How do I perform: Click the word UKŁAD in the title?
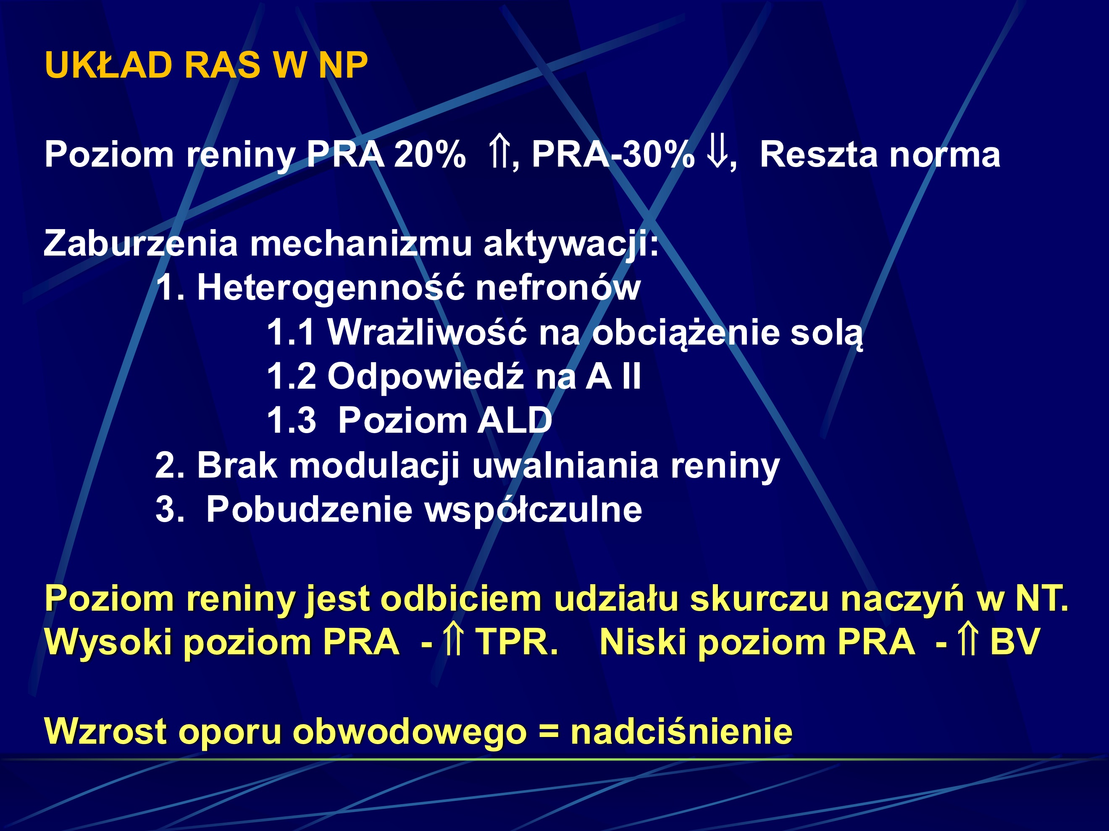[108, 65]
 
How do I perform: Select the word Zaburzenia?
[140, 243]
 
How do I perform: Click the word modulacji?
[374, 466]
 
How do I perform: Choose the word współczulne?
[533, 510]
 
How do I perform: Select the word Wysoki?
[108, 642]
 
